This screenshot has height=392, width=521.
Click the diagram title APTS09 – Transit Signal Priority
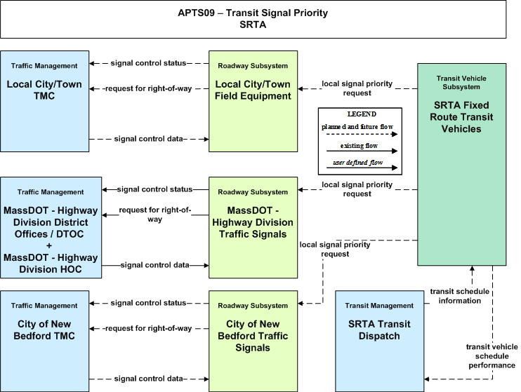[253, 13]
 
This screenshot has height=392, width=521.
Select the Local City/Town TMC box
[44, 101]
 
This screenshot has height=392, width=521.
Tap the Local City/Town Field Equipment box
[253, 101]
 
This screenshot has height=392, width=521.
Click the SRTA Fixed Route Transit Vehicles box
[462, 164]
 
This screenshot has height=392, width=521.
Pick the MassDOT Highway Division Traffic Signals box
[253, 227]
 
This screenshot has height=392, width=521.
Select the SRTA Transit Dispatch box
[379, 342]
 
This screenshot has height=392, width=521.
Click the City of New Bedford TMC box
[44, 342]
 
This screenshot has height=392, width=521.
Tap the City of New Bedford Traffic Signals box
[253, 342]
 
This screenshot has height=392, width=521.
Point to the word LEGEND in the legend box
[362, 114]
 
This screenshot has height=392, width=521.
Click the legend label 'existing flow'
[359, 146]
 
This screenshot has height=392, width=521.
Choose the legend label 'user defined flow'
[358, 162]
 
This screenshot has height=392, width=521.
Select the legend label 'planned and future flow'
[357, 127]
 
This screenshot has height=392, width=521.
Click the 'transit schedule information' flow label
[459, 296]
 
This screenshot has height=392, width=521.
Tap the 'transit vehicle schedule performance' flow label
[492, 356]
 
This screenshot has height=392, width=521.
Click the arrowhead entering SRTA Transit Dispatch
[427, 379]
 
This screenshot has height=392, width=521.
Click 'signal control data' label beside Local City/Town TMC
[149, 139]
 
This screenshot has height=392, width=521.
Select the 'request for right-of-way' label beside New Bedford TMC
[148, 329]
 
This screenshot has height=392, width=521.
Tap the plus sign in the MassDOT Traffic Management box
[49, 246]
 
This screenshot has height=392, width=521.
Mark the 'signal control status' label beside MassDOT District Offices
[155, 189]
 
